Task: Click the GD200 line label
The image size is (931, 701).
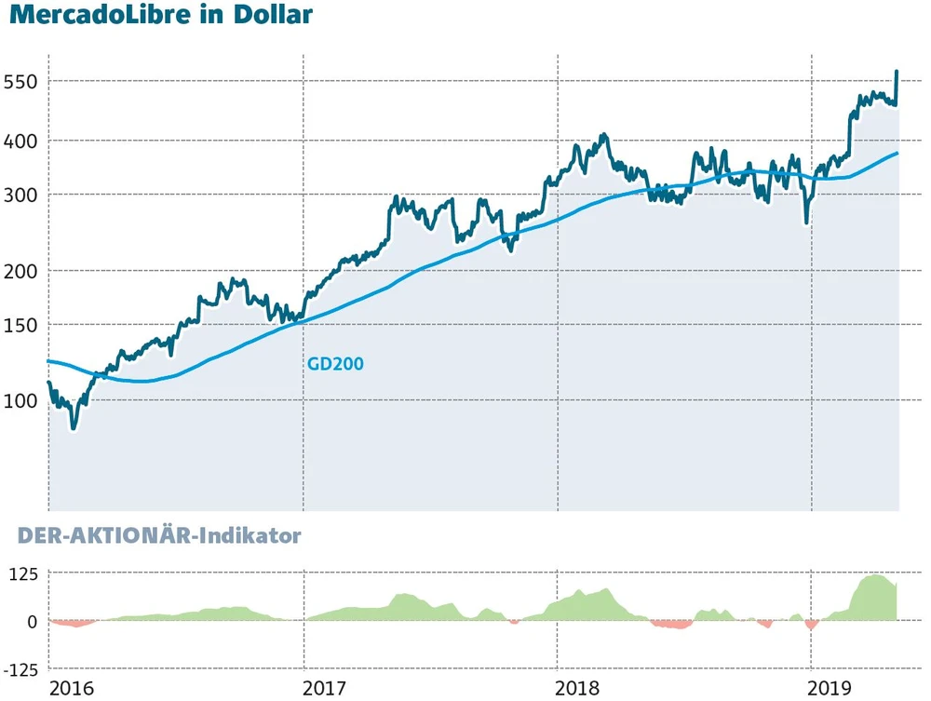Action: (x=335, y=364)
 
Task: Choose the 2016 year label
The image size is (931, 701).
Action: (x=73, y=688)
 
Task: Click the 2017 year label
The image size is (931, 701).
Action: (x=324, y=688)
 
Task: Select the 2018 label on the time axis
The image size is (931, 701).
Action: (x=578, y=688)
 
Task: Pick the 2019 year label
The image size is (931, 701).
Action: (x=831, y=688)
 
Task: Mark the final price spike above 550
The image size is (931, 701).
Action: (x=897, y=72)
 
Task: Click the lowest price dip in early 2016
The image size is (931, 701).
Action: (x=74, y=427)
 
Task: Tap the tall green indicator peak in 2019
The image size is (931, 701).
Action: (x=875, y=577)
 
